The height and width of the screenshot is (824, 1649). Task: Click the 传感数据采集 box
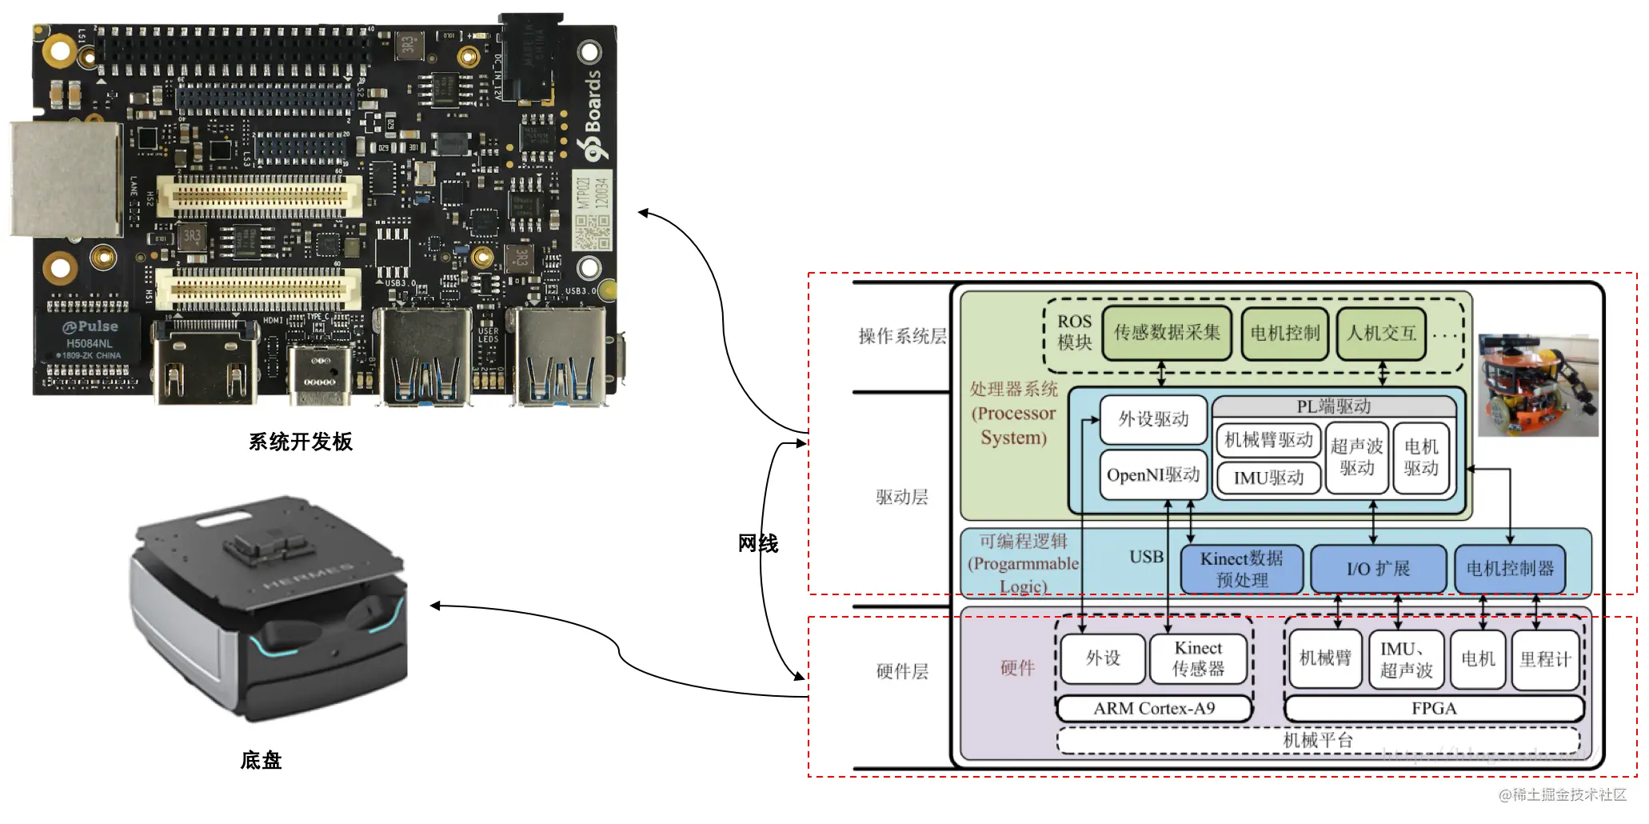[x=1167, y=333]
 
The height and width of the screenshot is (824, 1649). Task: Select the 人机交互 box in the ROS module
[x=1381, y=333]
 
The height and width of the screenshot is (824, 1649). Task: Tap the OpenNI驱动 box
[x=1152, y=475]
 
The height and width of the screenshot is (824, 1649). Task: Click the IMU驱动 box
[x=1268, y=478]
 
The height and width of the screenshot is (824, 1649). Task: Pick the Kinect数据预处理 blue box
[x=1241, y=569]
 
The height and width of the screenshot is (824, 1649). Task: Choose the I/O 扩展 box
[x=1378, y=569]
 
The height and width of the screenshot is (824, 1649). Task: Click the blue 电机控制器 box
[x=1509, y=569]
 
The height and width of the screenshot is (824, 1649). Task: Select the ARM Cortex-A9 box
[x=1154, y=709]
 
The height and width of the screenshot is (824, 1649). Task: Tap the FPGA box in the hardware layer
[x=1433, y=709]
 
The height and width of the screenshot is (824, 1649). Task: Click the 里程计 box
[x=1545, y=659]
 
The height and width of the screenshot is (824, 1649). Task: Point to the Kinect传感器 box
[x=1198, y=658]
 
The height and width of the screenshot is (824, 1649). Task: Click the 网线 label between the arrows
[x=757, y=544]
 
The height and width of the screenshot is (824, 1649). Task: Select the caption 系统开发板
[x=300, y=442]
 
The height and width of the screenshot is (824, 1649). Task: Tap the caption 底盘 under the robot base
[x=261, y=760]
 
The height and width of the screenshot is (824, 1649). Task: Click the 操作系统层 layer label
[x=902, y=336]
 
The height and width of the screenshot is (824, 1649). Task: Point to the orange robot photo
[x=1537, y=386]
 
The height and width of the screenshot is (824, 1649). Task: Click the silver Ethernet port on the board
[x=66, y=180]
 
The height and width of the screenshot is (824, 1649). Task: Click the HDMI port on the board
[x=206, y=368]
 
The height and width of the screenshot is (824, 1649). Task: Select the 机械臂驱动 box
[x=1268, y=440]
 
